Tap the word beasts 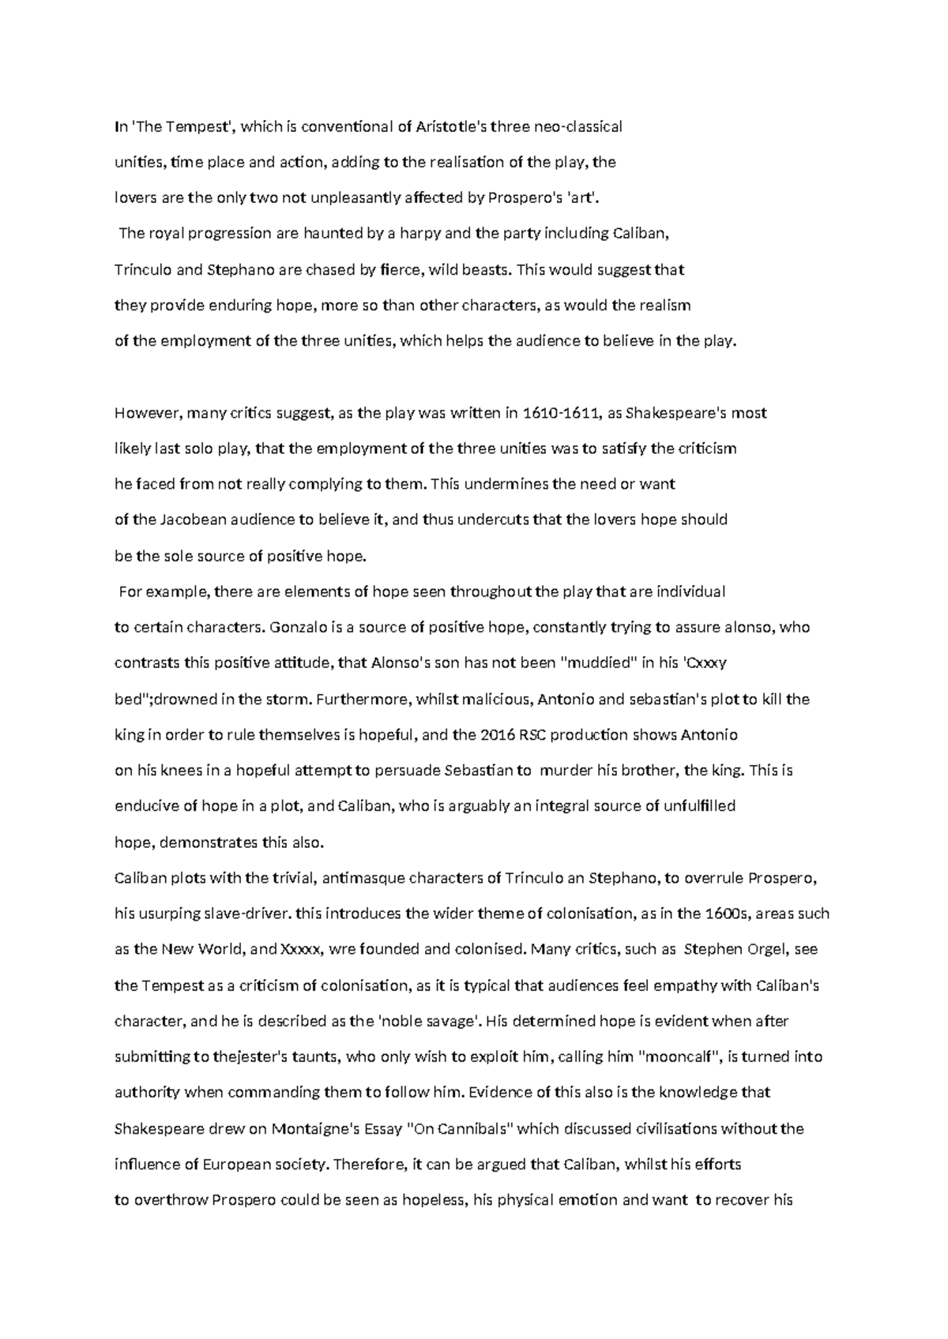483,270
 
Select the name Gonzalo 296,628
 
